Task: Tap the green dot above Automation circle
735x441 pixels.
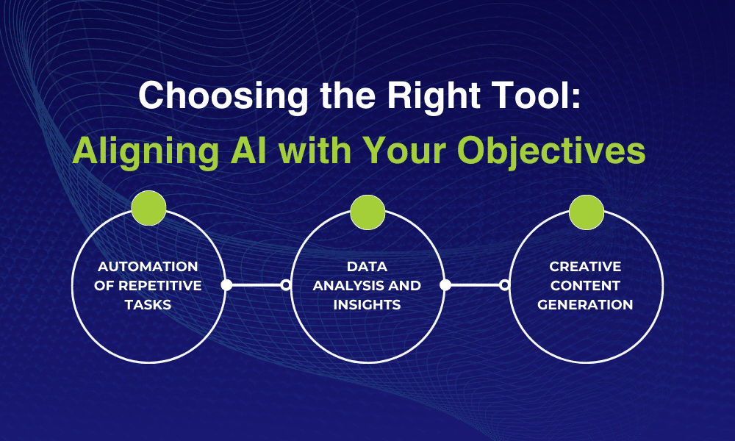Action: click(x=148, y=208)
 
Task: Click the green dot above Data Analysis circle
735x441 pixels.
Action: click(x=367, y=212)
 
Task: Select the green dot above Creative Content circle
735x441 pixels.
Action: click(x=587, y=212)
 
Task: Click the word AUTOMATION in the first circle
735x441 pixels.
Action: click(x=148, y=266)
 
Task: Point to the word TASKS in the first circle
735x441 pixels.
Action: click(x=148, y=304)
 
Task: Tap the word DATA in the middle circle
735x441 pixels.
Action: click(x=367, y=266)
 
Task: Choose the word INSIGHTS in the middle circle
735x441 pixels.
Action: click(x=367, y=304)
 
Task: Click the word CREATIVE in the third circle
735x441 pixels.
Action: click(x=586, y=266)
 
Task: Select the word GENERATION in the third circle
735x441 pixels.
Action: click(x=586, y=304)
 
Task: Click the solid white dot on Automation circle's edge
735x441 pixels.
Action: click(x=226, y=285)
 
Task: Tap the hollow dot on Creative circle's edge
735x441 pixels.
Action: click(x=505, y=285)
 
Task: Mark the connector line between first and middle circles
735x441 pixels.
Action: click(x=256, y=285)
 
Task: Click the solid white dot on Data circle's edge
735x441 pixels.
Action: click(x=445, y=285)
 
